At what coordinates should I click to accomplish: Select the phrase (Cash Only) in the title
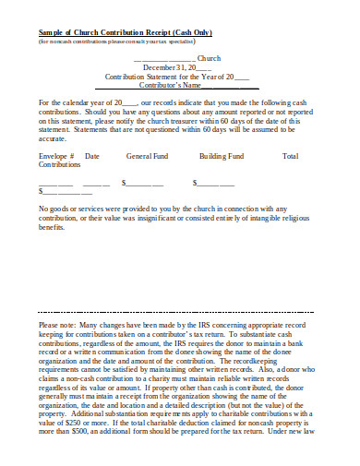tap(218, 31)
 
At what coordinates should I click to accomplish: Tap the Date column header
tap(92, 156)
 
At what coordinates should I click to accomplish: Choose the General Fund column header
tap(146, 156)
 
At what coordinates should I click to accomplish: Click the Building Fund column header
tap(222, 156)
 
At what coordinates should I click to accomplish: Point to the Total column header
tap(290, 156)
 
